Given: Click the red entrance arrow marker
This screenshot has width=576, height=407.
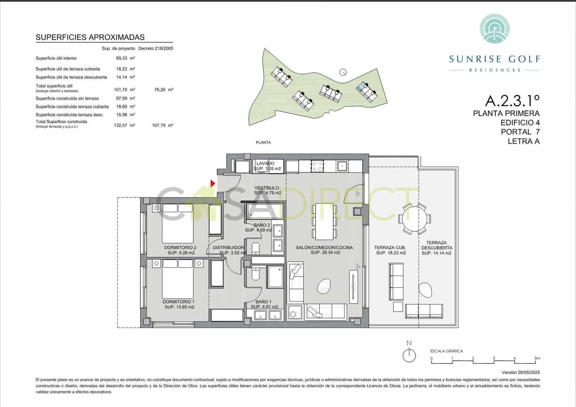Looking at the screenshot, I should pos(213,184).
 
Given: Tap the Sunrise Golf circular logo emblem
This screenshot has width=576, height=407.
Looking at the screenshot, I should pos(495,27).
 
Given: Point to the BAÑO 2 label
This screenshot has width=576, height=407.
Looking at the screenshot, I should pos(262,225).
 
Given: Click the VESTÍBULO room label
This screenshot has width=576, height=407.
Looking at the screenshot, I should pos(267,188).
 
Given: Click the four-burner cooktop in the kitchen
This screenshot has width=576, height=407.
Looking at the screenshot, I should pos(318,166).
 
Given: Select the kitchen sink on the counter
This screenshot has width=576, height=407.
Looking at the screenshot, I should pos(342,166).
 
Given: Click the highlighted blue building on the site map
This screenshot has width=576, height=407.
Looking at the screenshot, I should pos(361,87).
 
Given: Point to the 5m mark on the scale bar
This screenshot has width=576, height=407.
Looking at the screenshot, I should pos(537,358).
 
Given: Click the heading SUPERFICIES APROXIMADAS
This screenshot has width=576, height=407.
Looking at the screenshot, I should pos(90,37).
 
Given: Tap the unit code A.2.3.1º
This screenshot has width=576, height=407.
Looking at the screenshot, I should pos(512,100).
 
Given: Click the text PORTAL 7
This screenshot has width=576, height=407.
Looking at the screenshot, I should pos(520,132).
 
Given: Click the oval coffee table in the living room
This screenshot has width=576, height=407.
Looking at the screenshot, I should pos(323,286).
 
